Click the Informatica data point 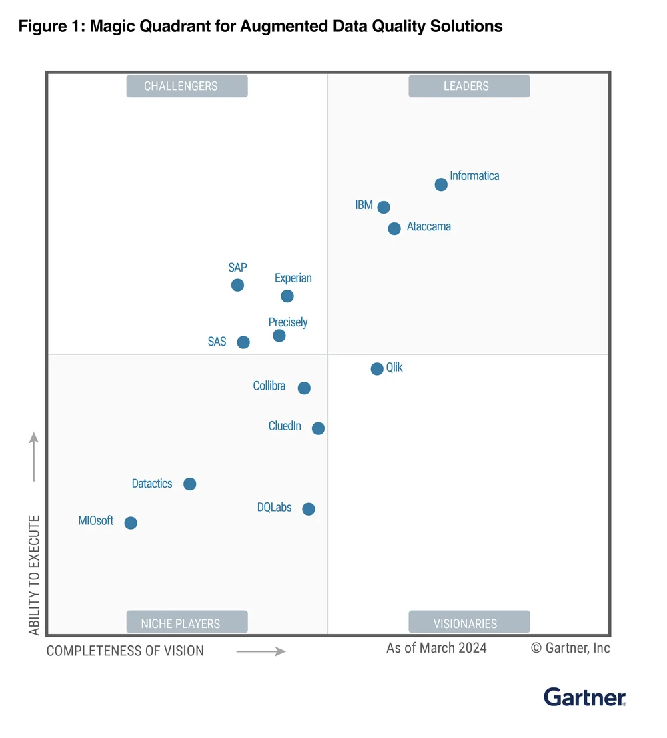(x=441, y=184)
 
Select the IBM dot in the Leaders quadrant (x=384, y=207)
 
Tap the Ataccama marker (x=394, y=228)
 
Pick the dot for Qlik (x=377, y=368)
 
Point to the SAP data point (x=237, y=285)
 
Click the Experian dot (x=287, y=296)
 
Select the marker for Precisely (x=279, y=336)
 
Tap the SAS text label (x=217, y=342)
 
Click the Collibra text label (x=269, y=386)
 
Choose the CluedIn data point (x=319, y=428)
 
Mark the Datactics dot (x=190, y=484)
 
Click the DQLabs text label (x=275, y=507)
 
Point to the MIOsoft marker (x=131, y=523)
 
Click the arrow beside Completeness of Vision (x=261, y=651)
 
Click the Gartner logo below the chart (x=585, y=697)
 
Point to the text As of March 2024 (x=436, y=648)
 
